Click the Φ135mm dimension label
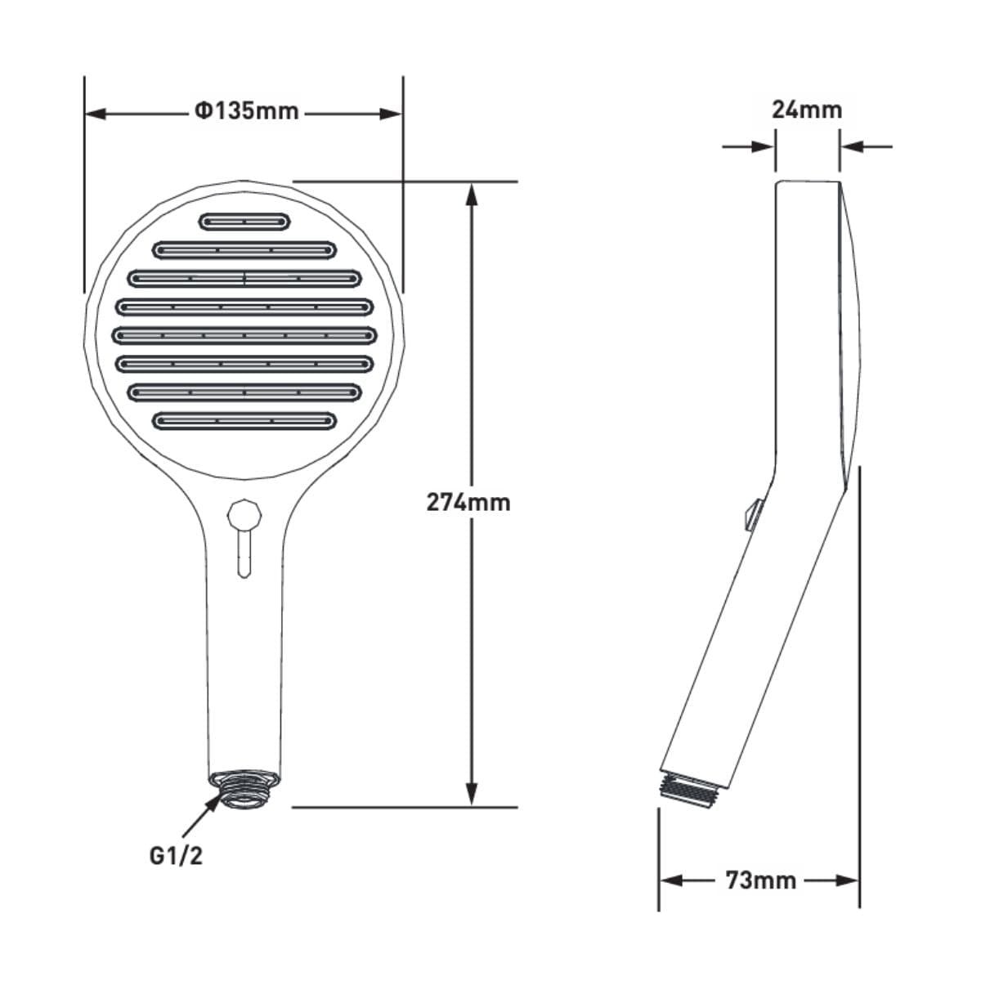pyautogui.click(x=246, y=111)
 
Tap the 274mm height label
pyautogui.click(x=468, y=503)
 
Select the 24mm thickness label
pyautogui.click(x=807, y=110)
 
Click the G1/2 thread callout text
pyautogui.click(x=176, y=856)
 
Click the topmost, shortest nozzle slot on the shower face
pyautogui.click(x=245, y=222)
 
